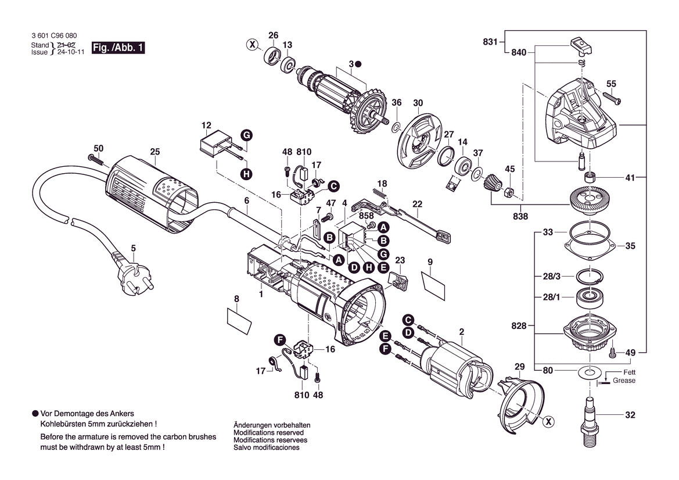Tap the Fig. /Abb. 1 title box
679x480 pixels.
tap(118, 48)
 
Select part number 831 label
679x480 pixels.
tap(490, 42)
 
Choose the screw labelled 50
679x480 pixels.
tap(96, 159)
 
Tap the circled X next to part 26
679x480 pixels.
tap(253, 44)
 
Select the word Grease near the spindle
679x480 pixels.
tap(624, 381)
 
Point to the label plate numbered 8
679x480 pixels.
tap(239, 320)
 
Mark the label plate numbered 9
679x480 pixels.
tap(433, 285)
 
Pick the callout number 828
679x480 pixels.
tap(519, 325)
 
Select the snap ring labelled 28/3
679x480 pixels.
tap(590, 275)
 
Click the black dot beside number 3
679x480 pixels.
tap(358, 64)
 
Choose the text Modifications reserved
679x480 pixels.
tap(268, 432)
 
